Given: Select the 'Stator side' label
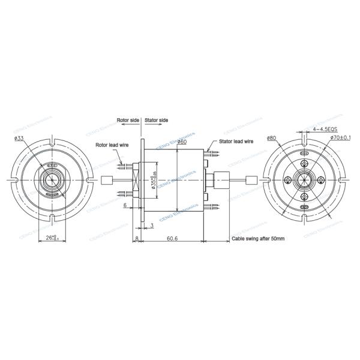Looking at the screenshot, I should pyautogui.click(x=157, y=120).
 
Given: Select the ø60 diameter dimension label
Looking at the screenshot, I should pyautogui.click(x=181, y=142).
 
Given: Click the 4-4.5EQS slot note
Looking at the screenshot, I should pyautogui.click(x=325, y=129).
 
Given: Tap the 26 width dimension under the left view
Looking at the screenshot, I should pyautogui.click(x=51, y=238).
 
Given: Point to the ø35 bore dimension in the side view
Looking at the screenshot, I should pyautogui.click(x=154, y=179).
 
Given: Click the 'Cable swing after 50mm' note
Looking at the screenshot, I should pyautogui.click(x=257, y=239).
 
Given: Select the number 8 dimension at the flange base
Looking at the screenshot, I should pyautogui.click(x=137, y=238).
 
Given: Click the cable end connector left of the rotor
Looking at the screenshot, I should pyautogui.click(x=108, y=180).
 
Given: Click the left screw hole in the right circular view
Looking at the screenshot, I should pyautogui.click(x=289, y=180).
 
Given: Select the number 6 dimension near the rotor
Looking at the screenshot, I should pyautogui.click(x=124, y=206).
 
